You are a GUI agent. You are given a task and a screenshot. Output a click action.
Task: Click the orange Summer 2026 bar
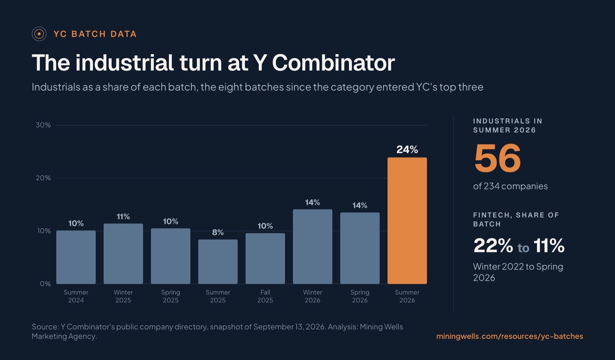pyautogui.click(x=407, y=221)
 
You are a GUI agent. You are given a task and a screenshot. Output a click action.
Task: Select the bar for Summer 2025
pyautogui.click(x=218, y=262)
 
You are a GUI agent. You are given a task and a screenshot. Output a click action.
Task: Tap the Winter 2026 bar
pyautogui.click(x=312, y=247)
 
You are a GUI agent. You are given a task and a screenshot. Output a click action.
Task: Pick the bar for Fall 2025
pyautogui.click(x=265, y=259)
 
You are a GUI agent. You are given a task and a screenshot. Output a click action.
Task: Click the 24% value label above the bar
pyautogui.click(x=407, y=149)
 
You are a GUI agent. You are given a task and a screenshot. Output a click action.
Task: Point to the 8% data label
pyautogui.click(x=218, y=232)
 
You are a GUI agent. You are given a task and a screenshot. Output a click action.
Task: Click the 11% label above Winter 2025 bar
pyautogui.click(x=123, y=216)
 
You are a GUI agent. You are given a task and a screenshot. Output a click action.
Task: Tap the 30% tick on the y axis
pyautogui.click(x=43, y=125)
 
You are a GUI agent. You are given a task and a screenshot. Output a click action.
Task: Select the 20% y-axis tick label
pyautogui.click(x=43, y=178)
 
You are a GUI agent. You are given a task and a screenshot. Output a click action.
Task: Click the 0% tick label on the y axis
pyautogui.click(x=45, y=284)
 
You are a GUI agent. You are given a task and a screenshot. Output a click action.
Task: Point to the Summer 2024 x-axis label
pyautogui.click(x=76, y=296)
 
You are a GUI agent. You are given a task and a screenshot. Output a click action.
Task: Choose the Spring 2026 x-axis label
pyautogui.click(x=360, y=296)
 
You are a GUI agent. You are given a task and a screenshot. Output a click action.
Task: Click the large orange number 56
pyautogui.click(x=497, y=158)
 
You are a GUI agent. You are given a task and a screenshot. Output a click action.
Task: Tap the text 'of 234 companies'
pyautogui.click(x=510, y=186)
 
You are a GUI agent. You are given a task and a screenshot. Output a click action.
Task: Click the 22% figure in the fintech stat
pyautogui.click(x=493, y=245)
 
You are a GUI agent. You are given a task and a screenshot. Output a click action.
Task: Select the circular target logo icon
pyautogui.click(x=39, y=34)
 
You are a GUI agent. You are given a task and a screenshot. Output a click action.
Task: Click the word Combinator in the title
pyautogui.click(x=333, y=63)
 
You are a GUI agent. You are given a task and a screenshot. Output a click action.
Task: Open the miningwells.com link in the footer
pyautogui.click(x=510, y=336)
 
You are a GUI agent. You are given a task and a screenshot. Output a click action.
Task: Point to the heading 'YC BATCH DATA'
pyautogui.click(x=95, y=34)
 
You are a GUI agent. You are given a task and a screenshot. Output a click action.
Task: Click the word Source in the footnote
pyautogui.click(x=45, y=327)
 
